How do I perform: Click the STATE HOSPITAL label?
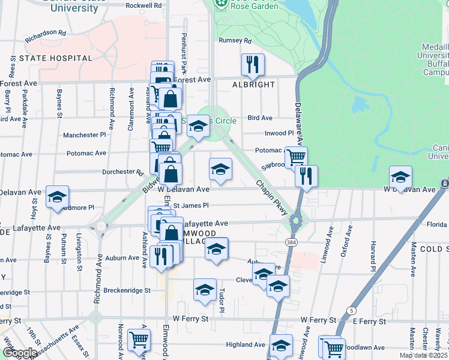pos(56,58)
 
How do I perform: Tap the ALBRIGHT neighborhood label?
pos(253,85)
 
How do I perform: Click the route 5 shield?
pos(349,310)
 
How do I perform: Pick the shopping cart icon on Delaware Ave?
pos(296,158)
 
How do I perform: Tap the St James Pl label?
pos(190,205)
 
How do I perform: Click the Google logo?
pos(20,353)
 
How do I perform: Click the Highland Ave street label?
pos(245,345)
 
